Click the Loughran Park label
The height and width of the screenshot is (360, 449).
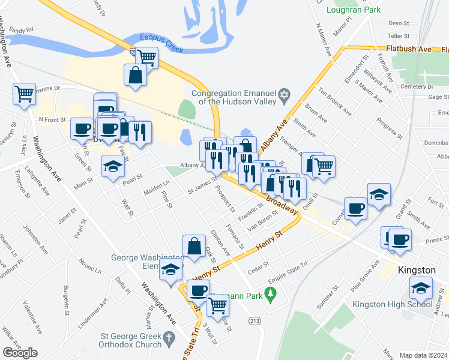[x=354, y=10]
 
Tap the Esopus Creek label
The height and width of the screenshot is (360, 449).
[x=161, y=40]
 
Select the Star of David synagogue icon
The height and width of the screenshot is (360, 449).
[x=285, y=95]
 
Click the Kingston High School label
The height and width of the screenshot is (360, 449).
[x=399, y=304]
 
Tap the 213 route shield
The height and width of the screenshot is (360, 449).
[x=255, y=321]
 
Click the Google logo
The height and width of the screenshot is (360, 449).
[x=20, y=353]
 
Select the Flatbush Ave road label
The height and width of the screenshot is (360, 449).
[x=409, y=48]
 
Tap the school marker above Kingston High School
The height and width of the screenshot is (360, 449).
[x=421, y=287]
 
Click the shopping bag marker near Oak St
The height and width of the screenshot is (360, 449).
[x=194, y=246]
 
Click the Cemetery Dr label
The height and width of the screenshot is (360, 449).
[x=417, y=86]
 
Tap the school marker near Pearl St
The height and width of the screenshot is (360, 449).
[x=112, y=166]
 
